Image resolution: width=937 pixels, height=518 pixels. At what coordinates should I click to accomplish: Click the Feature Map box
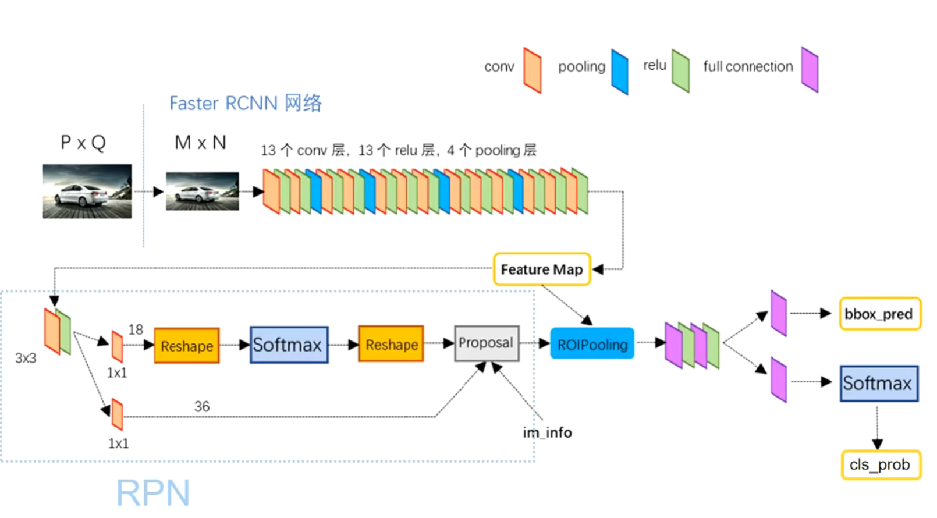coord(542,269)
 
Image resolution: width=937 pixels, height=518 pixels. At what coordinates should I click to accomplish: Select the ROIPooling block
coord(592,343)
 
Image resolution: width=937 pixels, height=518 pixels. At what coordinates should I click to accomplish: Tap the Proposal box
coord(487,343)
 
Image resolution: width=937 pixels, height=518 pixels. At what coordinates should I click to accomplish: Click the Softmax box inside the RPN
coord(289,345)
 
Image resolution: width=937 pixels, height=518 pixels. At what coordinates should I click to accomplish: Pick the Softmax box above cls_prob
coord(879,384)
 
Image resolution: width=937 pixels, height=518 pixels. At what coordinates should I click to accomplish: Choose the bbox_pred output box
coord(880,314)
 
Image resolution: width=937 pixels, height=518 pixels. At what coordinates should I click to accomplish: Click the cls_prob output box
coord(881,464)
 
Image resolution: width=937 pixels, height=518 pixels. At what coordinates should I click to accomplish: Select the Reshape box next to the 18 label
coord(187,346)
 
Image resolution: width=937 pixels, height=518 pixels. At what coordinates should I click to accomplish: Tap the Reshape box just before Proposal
coord(391,344)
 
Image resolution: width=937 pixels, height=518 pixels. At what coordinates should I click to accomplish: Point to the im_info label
coord(547,432)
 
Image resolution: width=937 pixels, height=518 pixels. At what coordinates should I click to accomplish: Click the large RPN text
coord(153,492)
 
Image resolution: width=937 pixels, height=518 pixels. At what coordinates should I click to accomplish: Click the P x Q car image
coord(87,191)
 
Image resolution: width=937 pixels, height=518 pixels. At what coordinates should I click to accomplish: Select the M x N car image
coord(203,191)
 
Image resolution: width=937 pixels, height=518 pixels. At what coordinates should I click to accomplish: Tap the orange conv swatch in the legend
coord(532,70)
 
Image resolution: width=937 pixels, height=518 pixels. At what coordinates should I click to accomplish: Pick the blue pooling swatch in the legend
coord(619,72)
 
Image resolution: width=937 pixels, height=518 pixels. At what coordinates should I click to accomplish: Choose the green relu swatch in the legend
coord(680,70)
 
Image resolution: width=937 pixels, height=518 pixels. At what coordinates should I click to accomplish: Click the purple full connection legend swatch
coord(810,69)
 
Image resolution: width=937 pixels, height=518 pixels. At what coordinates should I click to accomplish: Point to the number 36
coord(201,406)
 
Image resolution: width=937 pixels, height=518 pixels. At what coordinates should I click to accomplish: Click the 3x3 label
coord(26,358)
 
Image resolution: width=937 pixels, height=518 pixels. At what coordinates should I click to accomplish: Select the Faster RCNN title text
coord(246,103)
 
